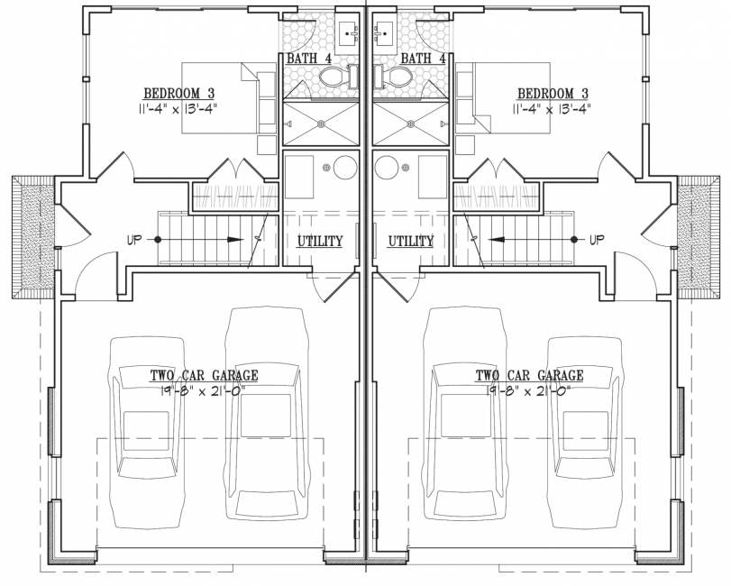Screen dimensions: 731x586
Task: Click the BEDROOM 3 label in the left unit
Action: click(179, 93)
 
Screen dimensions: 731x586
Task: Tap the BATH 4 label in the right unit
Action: click(424, 59)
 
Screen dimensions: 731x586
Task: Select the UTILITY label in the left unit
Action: click(320, 241)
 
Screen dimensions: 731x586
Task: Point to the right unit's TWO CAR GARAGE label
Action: click(529, 375)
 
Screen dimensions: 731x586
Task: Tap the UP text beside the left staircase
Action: click(133, 240)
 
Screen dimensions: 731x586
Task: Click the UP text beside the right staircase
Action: click(597, 240)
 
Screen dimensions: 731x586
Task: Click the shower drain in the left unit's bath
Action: click(321, 124)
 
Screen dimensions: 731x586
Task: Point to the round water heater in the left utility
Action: click(345, 168)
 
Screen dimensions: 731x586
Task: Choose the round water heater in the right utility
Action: click(387, 168)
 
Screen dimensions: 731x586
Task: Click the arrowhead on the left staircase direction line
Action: click(235, 240)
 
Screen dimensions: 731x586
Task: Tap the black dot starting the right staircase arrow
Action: click(574, 240)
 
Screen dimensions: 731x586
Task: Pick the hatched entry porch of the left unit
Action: click(33, 237)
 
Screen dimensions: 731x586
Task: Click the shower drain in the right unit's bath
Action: click(411, 124)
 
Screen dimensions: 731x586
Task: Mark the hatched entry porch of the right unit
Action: click(698, 237)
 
